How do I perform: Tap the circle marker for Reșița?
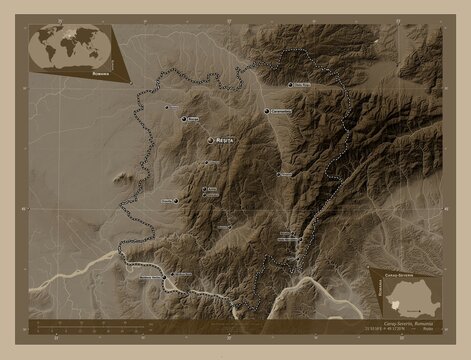210,140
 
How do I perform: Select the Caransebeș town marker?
267,111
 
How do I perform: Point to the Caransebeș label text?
283,111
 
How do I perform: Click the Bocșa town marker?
184,119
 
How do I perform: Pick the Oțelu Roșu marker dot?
293,85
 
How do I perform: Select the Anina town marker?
204,188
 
